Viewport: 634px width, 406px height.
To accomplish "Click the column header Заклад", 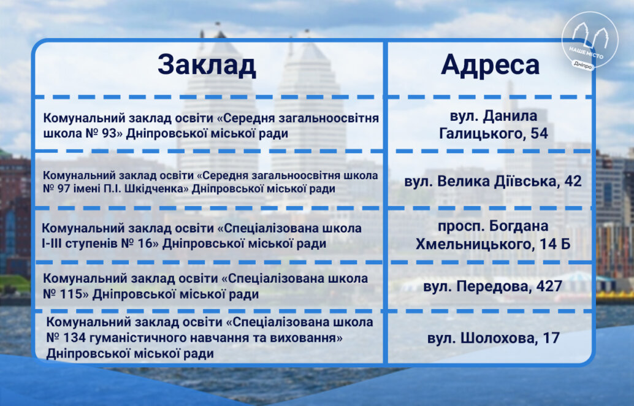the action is point(207,65).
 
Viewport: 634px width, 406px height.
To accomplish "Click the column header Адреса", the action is point(490,64).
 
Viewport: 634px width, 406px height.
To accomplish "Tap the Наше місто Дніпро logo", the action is point(589,41).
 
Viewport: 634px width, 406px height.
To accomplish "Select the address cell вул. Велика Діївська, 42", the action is point(493,181).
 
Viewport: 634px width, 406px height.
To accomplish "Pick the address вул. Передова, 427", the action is point(493,286).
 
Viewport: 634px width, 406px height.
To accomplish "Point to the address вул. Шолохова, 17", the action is point(494,338).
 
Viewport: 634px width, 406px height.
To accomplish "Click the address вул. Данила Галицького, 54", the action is point(494,124).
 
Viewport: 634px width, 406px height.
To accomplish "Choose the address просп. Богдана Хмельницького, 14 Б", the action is point(494,235).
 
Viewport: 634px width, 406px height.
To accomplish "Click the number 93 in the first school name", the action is point(109,134).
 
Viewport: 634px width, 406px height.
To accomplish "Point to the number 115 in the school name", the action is point(71,294).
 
